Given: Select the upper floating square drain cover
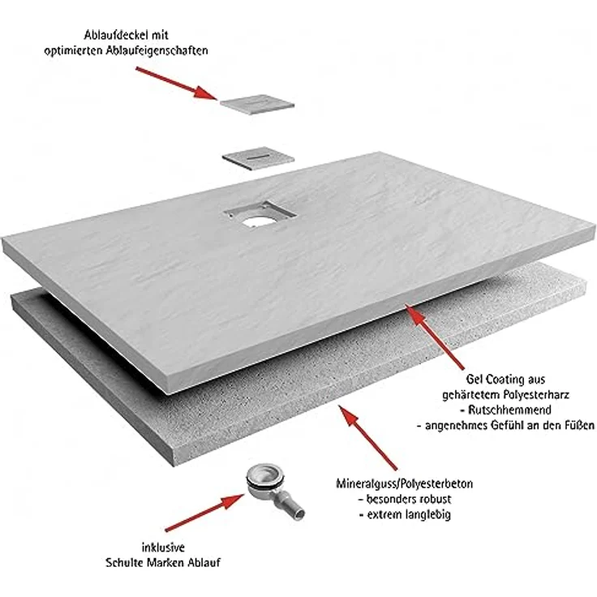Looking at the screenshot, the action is coord(257,104).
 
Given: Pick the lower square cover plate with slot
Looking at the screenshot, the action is coord(259,158).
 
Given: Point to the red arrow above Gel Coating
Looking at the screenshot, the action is coord(434,337).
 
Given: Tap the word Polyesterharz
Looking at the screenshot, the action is coord(536,395).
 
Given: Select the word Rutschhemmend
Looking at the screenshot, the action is coord(510,410).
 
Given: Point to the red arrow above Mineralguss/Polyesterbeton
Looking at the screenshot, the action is coord(367,437).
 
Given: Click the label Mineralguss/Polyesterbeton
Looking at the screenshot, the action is coord(404,484).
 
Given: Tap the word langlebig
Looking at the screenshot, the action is coord(427,515).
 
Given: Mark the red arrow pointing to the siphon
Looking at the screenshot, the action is coord(205,512).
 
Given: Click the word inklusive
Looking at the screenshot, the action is coord(163,548).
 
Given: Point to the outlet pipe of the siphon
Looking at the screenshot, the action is coord(291,505).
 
